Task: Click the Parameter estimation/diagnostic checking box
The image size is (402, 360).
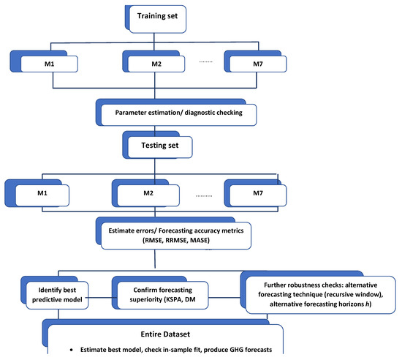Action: pos(175,113)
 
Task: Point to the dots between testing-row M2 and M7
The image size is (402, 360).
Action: pos(207,196)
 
